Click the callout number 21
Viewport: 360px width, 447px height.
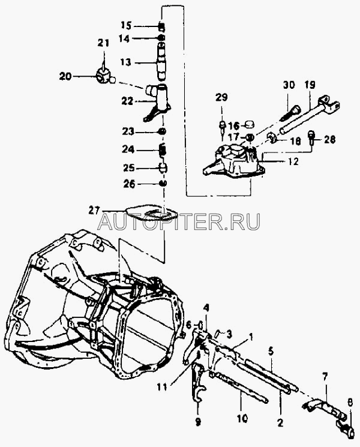[x=103, y=43]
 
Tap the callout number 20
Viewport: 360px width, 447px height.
[x=65, y=76]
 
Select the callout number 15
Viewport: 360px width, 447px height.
[x=125, y=25]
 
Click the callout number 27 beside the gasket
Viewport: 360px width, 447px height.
[x=93, y=210]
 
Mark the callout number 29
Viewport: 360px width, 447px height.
[x=221, y=97]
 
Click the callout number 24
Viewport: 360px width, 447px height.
[x=125, y=149]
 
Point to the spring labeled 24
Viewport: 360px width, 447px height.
[x=162, y=149]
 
